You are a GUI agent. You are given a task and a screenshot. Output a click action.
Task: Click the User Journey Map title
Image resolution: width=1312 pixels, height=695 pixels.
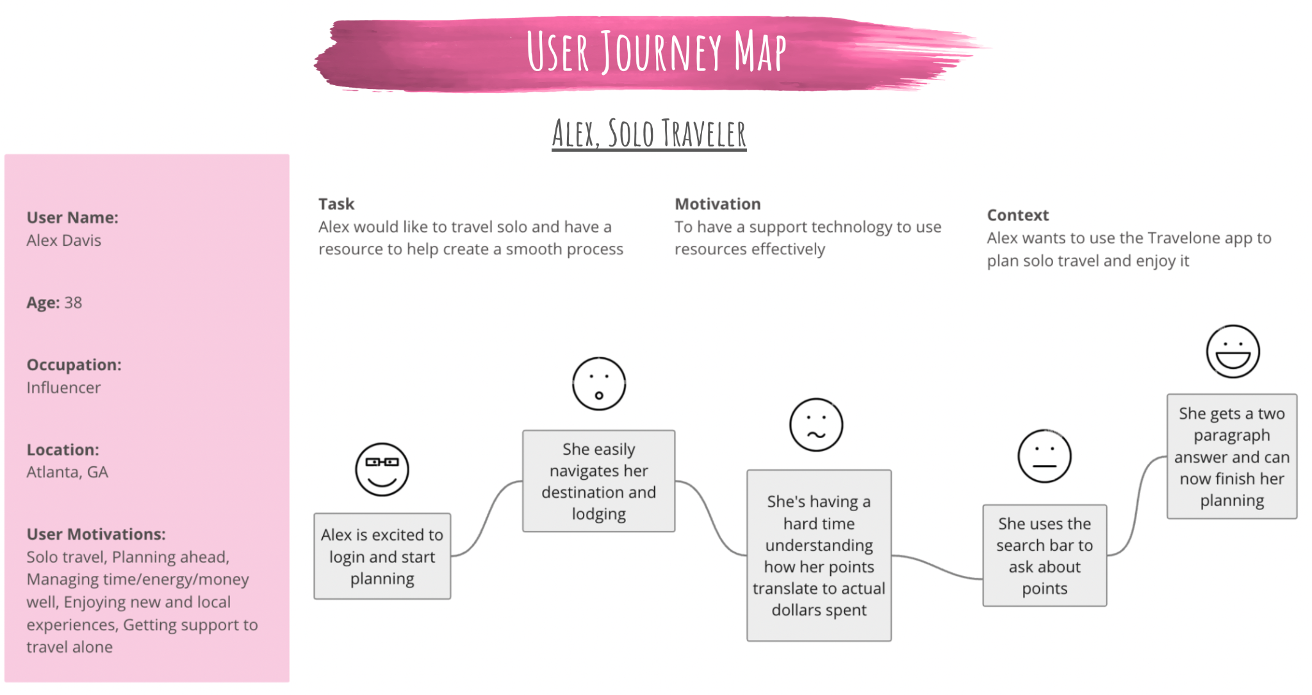click(x=656, y=51)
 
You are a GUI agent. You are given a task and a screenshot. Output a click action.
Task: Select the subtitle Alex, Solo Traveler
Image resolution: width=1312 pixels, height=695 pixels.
click(x=649, y=134)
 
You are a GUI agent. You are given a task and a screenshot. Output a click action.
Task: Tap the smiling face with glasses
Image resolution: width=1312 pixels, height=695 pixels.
click(x=382, y=470)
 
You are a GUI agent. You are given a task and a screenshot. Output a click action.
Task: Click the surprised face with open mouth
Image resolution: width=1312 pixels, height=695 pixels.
click(x=599, y=384)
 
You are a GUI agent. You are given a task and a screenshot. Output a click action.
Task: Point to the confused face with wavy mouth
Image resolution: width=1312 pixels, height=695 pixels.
click(x=816, y=425)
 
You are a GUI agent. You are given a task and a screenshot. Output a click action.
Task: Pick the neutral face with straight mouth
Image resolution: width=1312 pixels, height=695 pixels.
click(x=1044, y=456)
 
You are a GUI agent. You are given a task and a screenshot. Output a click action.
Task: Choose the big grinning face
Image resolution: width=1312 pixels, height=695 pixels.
click(x=1233, y=351)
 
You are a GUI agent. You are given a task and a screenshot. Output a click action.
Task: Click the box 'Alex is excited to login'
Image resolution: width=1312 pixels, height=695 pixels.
click(x=382, y=556)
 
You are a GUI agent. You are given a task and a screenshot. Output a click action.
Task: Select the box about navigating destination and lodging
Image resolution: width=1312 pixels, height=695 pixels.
click(x=598, y=481)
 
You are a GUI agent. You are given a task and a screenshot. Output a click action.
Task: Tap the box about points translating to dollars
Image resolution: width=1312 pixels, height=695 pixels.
click(x=819, y=555)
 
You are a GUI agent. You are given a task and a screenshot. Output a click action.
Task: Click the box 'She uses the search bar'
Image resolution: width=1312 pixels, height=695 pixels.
click(x=1044, y=555)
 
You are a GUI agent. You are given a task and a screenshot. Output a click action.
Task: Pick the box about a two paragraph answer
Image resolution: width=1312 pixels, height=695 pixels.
click(x=1231, y=456)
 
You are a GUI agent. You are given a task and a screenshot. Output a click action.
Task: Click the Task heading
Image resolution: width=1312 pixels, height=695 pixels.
click(x=336, y=204)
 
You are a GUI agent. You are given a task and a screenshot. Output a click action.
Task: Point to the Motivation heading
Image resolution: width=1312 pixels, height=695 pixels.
click(x=717, y=204)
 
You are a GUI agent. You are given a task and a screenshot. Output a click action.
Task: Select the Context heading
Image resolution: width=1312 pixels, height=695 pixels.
click(x=1017, y=215)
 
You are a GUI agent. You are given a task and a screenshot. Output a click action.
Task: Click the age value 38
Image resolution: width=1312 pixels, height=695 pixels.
click(x=73, y=302)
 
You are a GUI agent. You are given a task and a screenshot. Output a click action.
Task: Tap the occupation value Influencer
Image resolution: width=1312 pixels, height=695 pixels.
click(x=63, y=388)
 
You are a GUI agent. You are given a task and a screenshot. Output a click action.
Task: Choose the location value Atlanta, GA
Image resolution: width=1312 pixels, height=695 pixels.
click(x=67, y=472)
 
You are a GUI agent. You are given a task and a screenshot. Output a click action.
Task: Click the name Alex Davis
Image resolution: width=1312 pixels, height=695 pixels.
click(x=63, y=240)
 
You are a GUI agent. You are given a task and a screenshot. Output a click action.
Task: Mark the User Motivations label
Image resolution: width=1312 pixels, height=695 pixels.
click(x=96, y=534)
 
